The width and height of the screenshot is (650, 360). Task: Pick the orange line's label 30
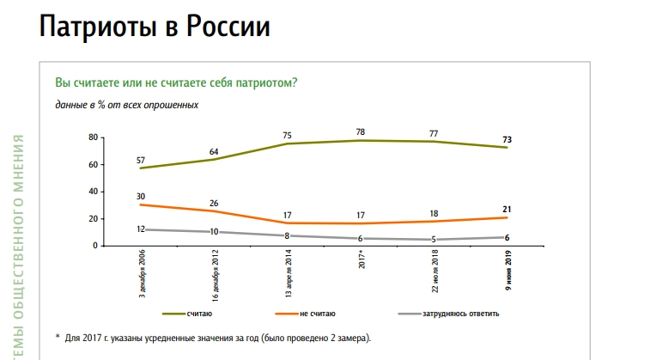[x=140, y=197]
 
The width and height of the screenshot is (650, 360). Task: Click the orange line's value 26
[x=214, y=203]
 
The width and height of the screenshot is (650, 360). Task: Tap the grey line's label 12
[x=140, y=229]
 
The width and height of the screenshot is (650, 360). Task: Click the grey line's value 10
[x=214, y=231]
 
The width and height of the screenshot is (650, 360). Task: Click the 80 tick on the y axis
[x=93, y=137]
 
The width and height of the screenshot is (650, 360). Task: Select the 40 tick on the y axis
[x=93, y=192]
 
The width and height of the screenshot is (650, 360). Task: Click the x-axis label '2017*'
[x=361, y=259]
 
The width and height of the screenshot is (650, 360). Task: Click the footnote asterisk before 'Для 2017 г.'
[x=58, y=338]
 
